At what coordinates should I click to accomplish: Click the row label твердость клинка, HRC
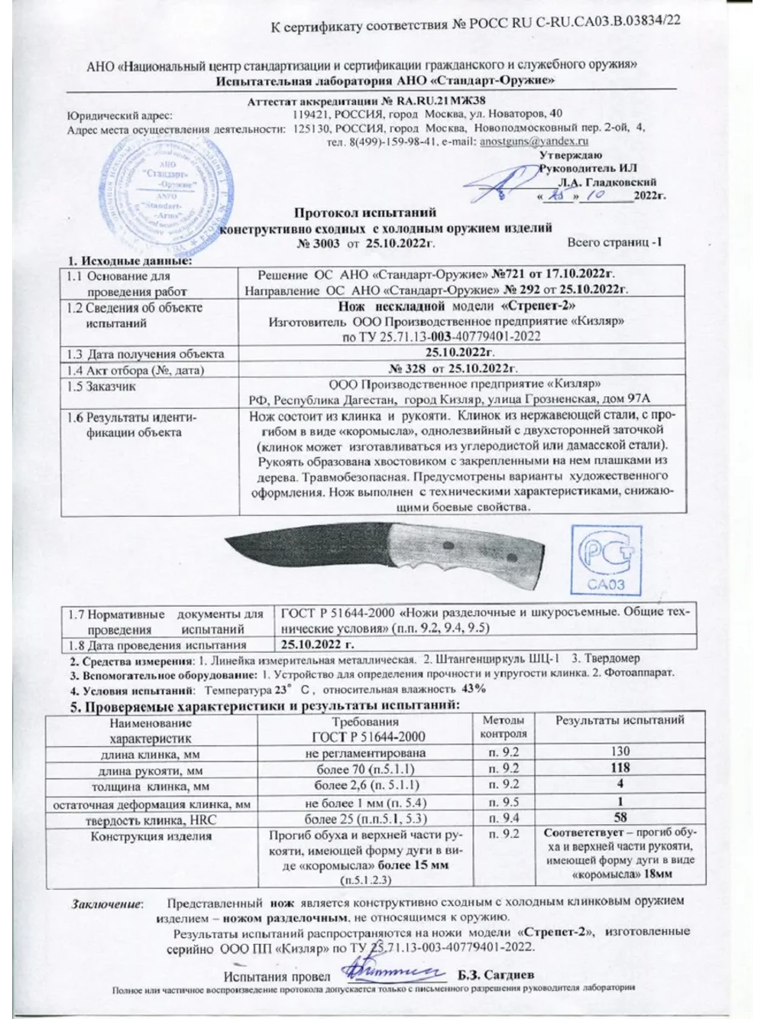149,819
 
